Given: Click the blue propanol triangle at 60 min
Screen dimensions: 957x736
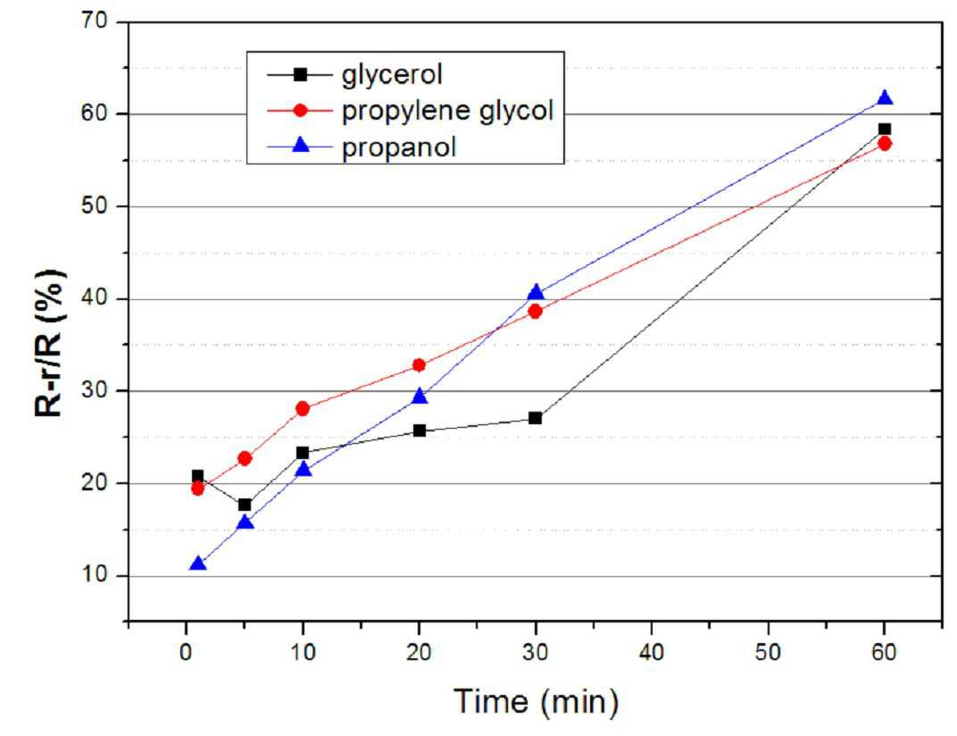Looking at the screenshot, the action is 885,98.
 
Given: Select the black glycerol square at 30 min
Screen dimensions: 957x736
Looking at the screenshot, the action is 536,418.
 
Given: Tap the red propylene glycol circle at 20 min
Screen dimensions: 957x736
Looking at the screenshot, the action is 419,365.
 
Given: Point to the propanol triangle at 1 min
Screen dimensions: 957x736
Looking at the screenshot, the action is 198,563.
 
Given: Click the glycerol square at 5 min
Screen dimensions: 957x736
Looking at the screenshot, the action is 245,505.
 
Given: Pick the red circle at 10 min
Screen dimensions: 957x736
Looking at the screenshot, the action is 302,408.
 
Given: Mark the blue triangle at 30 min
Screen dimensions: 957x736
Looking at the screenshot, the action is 536,292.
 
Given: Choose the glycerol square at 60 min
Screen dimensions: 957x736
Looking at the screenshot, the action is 885,129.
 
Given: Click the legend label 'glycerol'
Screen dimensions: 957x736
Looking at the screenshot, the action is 392,75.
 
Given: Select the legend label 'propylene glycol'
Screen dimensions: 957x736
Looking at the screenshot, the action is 447,111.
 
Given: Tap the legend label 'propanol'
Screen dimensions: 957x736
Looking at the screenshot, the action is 398,147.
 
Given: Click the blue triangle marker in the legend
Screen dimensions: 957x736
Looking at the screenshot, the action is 300,146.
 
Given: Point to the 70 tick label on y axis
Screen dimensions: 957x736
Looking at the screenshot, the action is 94,21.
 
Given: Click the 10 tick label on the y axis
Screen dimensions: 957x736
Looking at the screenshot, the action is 94,575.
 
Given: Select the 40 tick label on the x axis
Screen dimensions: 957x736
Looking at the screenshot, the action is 651,652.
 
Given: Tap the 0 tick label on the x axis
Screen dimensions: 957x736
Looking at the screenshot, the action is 186,652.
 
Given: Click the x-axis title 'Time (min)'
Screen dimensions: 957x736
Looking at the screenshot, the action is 536,700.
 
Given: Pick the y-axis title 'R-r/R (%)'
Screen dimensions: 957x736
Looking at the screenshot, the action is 50,343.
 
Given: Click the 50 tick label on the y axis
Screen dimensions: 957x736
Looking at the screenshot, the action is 94,206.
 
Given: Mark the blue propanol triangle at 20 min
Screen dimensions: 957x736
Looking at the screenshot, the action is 419,397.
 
